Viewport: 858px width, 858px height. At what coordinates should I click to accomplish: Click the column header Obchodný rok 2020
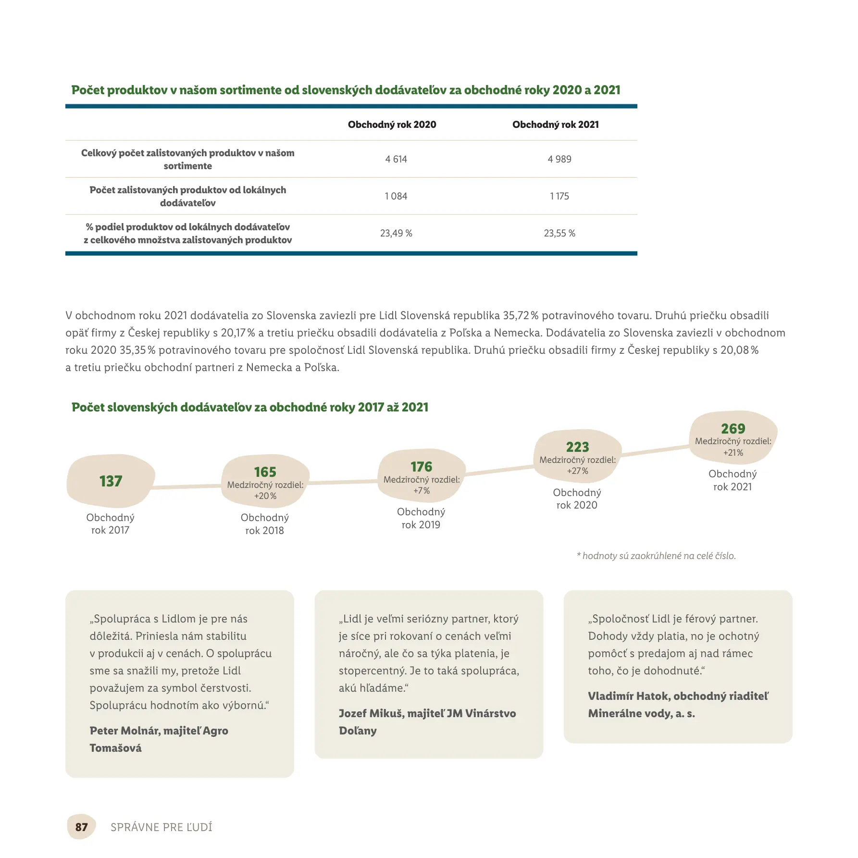[x=392, y=124]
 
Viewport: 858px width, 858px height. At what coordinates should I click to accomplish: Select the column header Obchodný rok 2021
[x=555, y=124]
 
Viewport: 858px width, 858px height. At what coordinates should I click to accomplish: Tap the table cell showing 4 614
[x=396, y=159]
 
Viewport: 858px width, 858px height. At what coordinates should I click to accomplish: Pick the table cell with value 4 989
[x=559, y=159]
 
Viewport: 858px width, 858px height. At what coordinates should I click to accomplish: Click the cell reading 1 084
[x=396, y=196]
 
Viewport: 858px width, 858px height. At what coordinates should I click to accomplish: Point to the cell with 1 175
[x=559, y=196]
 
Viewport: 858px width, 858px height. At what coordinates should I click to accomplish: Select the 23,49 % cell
[x=396, y=233]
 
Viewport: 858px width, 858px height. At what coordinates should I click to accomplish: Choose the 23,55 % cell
[x=559, y=233]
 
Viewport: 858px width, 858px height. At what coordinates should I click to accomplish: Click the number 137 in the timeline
[x=111, y=481]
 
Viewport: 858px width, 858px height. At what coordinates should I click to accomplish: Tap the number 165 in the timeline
[x=265, y=472]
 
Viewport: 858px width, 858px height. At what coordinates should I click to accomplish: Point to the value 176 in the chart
[x=421, y=466]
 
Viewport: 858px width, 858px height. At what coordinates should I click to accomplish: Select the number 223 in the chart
[x=577, y=447]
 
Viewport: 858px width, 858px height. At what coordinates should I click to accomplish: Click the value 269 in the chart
[x=733, y=428]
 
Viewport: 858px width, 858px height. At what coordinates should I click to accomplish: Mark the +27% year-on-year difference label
[x=577, y=471]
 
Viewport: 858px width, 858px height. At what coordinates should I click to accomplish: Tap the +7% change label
[x=421, y=491]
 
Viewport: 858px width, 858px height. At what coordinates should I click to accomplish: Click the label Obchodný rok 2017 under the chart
[x=110, y=523]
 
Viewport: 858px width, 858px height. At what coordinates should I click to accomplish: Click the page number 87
[x=81, y=827]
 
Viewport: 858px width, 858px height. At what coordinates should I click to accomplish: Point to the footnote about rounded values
[x=656, y=556]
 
